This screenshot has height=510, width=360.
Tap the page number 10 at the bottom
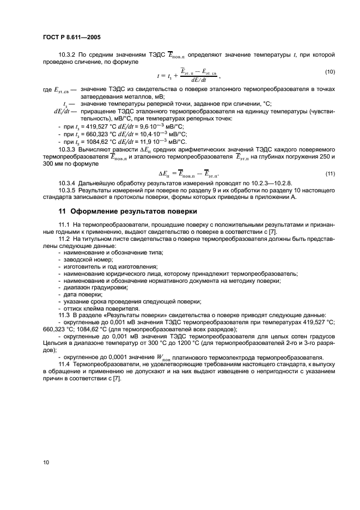click(46, 463)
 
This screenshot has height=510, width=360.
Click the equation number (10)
click(330, 72)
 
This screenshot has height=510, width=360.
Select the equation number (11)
click(330, 174)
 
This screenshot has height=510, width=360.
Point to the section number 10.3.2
click(68, 55)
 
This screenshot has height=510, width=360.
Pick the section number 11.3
click(64, 315)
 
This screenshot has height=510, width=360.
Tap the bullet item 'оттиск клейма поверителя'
click(97, 308)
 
